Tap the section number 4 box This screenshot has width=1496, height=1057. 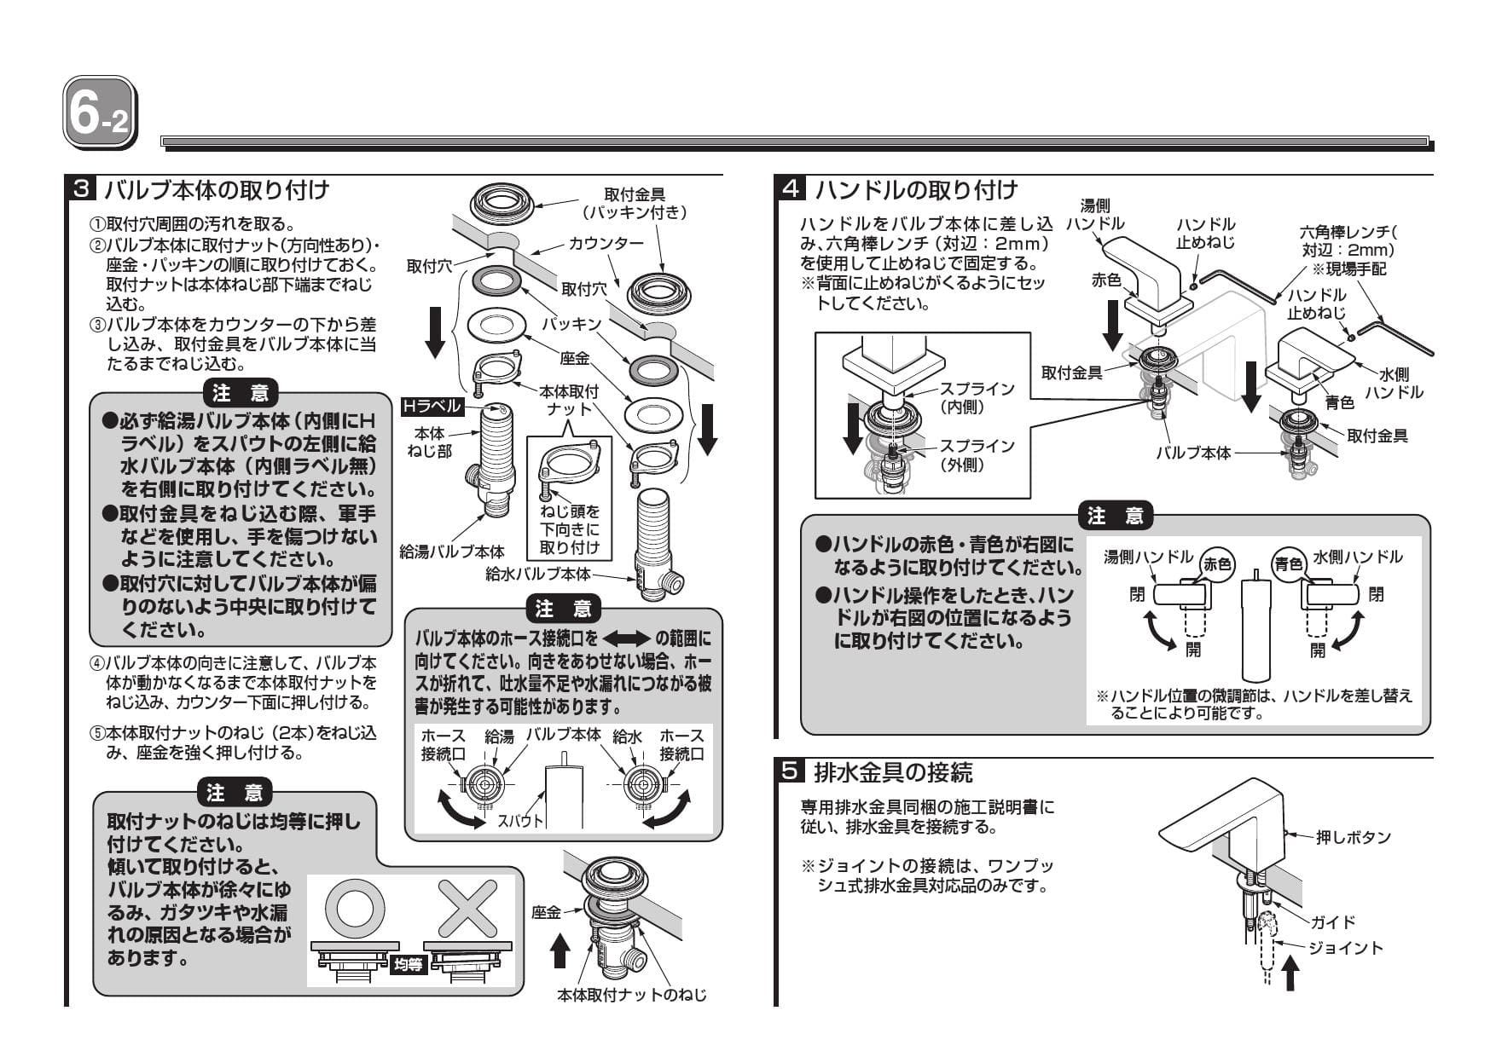(x=790, y=188)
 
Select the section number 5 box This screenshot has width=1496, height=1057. (x=790, y=772)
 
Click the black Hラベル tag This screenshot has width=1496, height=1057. (x=432, y=407)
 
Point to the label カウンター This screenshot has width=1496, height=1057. (x=606, y=244)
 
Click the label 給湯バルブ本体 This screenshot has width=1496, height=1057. (x=452, y=552)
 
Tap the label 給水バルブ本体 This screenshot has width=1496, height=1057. (x=537, y=574)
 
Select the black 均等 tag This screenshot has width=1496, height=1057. (x=408, y=965)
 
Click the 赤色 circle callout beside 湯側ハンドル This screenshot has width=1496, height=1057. (x=1217, y=563)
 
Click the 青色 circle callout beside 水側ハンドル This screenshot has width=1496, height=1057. (x=1288, y=563)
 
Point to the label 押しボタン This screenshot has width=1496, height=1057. (x=1353, y=837)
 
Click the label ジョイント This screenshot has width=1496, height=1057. (x=1345, y=948)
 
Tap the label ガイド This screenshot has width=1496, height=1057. (x=1332, y=922)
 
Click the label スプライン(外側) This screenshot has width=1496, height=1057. (x=977, y=455)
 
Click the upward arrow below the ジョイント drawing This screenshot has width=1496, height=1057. (x=1291, y=972)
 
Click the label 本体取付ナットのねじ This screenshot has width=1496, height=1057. (x=631, y=994)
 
